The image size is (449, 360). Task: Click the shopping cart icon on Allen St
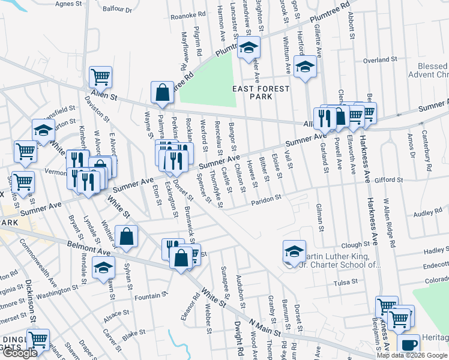100,77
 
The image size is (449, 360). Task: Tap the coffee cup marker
408,346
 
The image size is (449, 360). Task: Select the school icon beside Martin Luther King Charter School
294,252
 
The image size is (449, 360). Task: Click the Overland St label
381,60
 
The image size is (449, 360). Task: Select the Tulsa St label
345,281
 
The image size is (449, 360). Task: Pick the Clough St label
355,245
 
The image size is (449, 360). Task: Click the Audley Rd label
427,213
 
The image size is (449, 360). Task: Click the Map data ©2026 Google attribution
412,355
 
